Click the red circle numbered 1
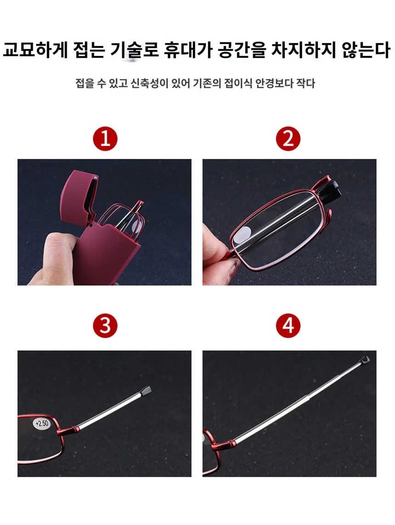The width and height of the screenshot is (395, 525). click(105, 139)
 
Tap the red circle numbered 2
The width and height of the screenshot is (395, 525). click(288, 139)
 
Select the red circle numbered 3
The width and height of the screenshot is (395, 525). click(105, 326)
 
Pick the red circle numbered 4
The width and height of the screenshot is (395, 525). click(288, 326)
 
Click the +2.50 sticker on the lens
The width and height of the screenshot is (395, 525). click(42, 423)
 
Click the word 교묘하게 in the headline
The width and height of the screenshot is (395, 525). click(35, 50)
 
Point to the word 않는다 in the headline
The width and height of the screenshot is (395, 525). click(366, 50)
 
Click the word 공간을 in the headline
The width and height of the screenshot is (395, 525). click(242, 50)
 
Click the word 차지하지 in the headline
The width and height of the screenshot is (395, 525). click(303, 50)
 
